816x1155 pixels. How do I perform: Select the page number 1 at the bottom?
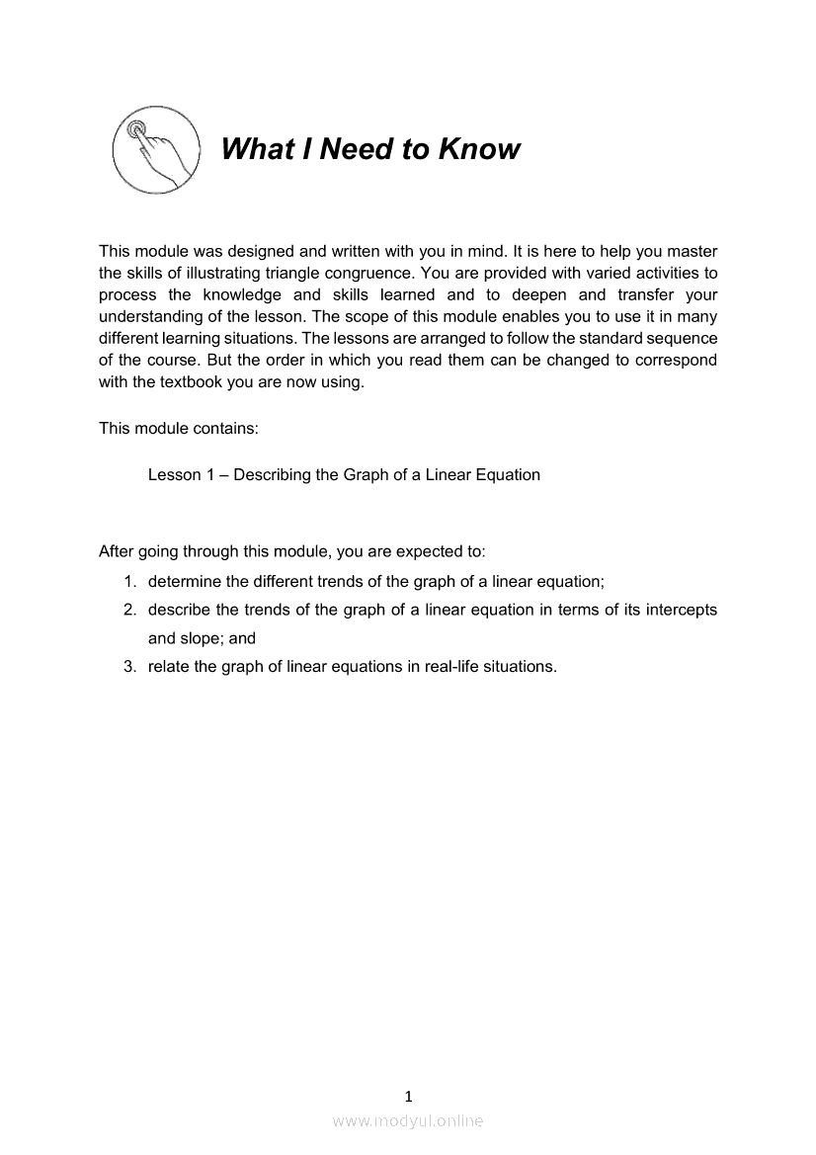tap(408, 1096)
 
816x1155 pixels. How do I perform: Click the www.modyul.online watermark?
tap(408, 1120)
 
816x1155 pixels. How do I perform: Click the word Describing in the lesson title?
tap(272, 474)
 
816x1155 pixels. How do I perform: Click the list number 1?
tap(129, 582)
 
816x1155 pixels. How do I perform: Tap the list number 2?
tap(129, 610)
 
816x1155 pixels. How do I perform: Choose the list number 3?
tap(129, 666)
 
